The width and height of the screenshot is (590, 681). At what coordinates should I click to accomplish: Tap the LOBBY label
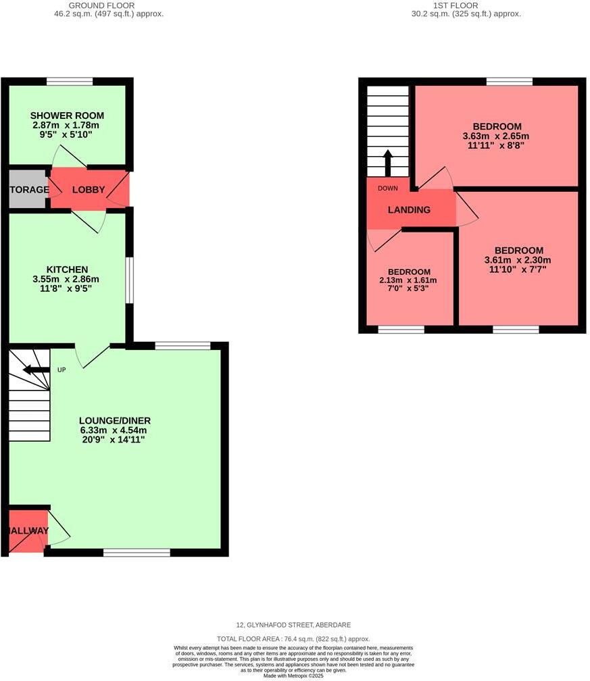(89, 190)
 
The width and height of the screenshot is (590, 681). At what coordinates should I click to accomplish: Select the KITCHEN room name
(67, 270)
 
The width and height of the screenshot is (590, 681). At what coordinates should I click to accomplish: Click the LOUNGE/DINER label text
(114, 421)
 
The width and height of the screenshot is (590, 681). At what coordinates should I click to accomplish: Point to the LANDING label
(409, 210)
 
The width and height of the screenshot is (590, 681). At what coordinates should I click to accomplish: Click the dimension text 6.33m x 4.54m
(114, 430)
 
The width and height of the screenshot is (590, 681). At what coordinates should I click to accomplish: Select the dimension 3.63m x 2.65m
(497, 136)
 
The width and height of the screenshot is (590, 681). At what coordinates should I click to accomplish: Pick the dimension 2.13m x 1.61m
(409, 280)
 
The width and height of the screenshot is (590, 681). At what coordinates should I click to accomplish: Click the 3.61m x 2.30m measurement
(518, 260)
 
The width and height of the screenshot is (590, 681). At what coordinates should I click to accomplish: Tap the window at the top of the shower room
(70, 82)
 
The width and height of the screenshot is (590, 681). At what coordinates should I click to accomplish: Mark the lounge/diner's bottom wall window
(137, 553)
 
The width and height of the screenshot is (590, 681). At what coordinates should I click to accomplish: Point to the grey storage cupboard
(28, 190)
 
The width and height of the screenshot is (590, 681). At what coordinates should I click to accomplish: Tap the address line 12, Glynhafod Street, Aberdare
(293, 625)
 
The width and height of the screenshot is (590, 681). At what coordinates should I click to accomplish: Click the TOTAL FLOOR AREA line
(293, 638)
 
